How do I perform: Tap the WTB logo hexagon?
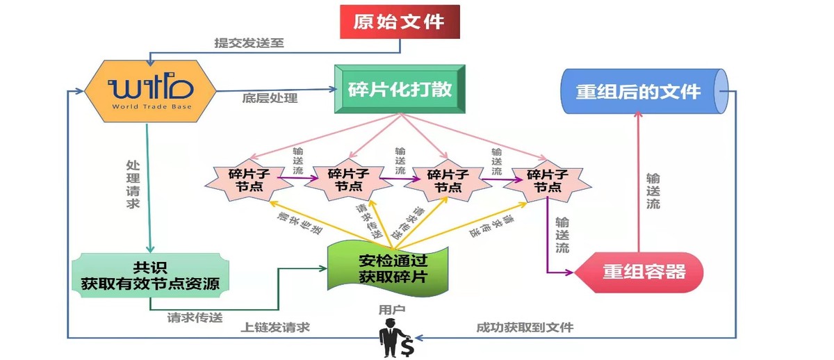tap(149, 91)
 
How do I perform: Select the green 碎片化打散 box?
tap(399, 90)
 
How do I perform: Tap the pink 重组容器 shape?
tap(643, 272)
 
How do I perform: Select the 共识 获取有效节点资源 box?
tap(150, 275)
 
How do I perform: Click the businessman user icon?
tap(389, 338)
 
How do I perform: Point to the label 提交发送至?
tap(249, 42)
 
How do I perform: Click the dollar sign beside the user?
tap(407, 345)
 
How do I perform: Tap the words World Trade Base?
tap(149, 107)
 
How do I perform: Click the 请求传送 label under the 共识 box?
tap(195, 317)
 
